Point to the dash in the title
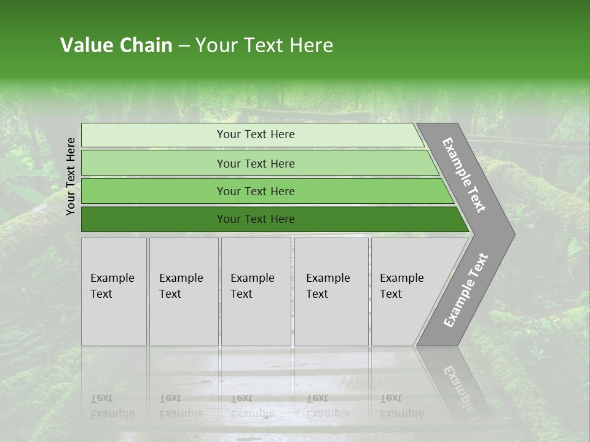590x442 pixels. (x=184, y=46)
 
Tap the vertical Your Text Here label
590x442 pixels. (x=71, y=176)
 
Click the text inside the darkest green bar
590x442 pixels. (x=256, y=219)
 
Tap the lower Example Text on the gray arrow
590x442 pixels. (x=466, y=290)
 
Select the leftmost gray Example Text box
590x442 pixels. (x=114, y=292)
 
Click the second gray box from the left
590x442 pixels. (x=184, y=292)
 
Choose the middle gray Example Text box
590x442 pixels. (x=256, y=292)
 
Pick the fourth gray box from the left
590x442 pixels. (x=331, y=292)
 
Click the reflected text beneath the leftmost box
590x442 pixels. (x=112, y=406)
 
